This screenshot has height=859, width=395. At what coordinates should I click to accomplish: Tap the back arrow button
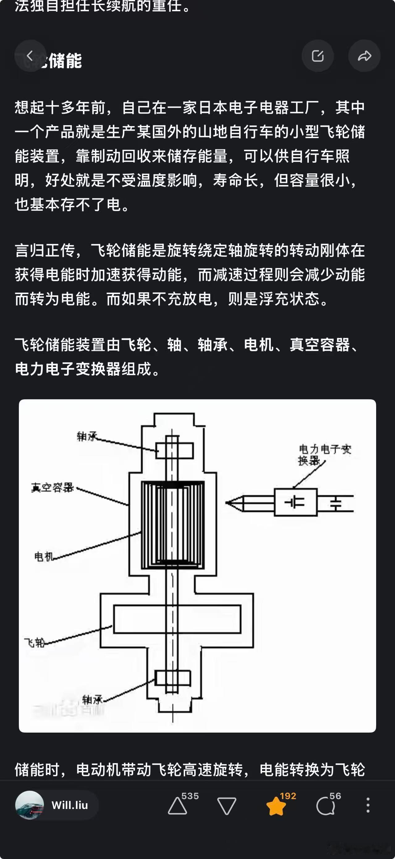(x=30, y=56)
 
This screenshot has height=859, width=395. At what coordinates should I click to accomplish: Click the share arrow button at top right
(x=364, y=56)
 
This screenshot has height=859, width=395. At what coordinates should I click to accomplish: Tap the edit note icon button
(x=318, y=56)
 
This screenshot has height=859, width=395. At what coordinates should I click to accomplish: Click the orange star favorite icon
(x=276, y=806)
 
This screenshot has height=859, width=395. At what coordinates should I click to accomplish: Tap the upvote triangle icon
(x=177, y=807)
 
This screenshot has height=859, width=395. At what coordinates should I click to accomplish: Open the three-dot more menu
(x=368, y=805)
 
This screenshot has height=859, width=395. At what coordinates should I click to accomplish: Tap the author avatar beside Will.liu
(x=30, y=805)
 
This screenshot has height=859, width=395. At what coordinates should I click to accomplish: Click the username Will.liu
(x=70, y=805)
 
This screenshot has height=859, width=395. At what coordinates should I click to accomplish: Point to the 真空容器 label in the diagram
(x=52, y=488)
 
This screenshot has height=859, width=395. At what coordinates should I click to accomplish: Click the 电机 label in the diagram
(x=44, y=556)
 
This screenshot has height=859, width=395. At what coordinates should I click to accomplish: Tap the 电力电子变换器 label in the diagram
(x=324, y=454)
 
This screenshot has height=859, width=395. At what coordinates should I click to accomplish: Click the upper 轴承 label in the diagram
(x=87, y=436)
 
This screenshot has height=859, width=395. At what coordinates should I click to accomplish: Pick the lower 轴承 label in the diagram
(x=92, y=699)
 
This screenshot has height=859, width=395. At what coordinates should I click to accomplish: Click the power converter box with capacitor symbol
(x=295, y=502)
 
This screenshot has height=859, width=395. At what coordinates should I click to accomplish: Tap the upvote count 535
(x=190, y=796)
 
